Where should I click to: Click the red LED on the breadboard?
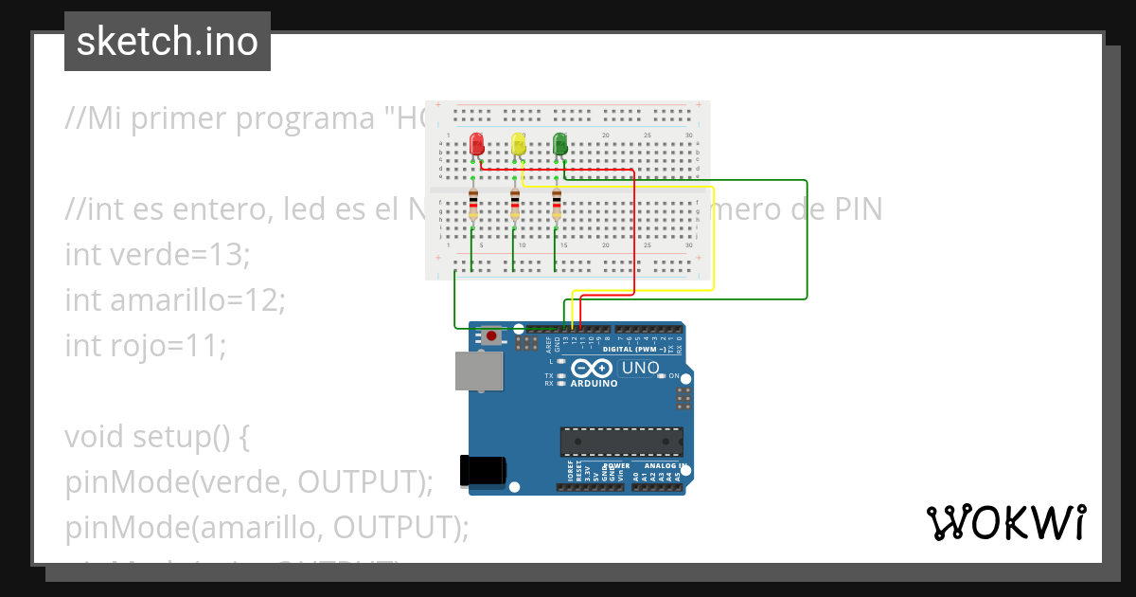477,144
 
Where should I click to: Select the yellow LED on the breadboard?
518,144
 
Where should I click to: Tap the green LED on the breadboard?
559,144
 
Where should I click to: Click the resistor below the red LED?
473,206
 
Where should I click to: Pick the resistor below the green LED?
557,206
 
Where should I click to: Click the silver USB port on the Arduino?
480,371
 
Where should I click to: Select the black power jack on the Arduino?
483,473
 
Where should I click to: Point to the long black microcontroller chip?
621,442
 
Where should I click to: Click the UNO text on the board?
640,368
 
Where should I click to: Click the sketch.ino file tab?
168,42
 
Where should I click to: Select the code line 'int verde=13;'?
157,255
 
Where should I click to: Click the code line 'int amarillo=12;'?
174,300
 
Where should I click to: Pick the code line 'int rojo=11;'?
146,346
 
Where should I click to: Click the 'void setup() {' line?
157,437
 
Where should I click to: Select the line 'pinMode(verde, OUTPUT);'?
249,482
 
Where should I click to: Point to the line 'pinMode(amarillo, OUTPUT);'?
267,528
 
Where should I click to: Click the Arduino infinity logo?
594,369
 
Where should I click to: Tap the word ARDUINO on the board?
594,384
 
